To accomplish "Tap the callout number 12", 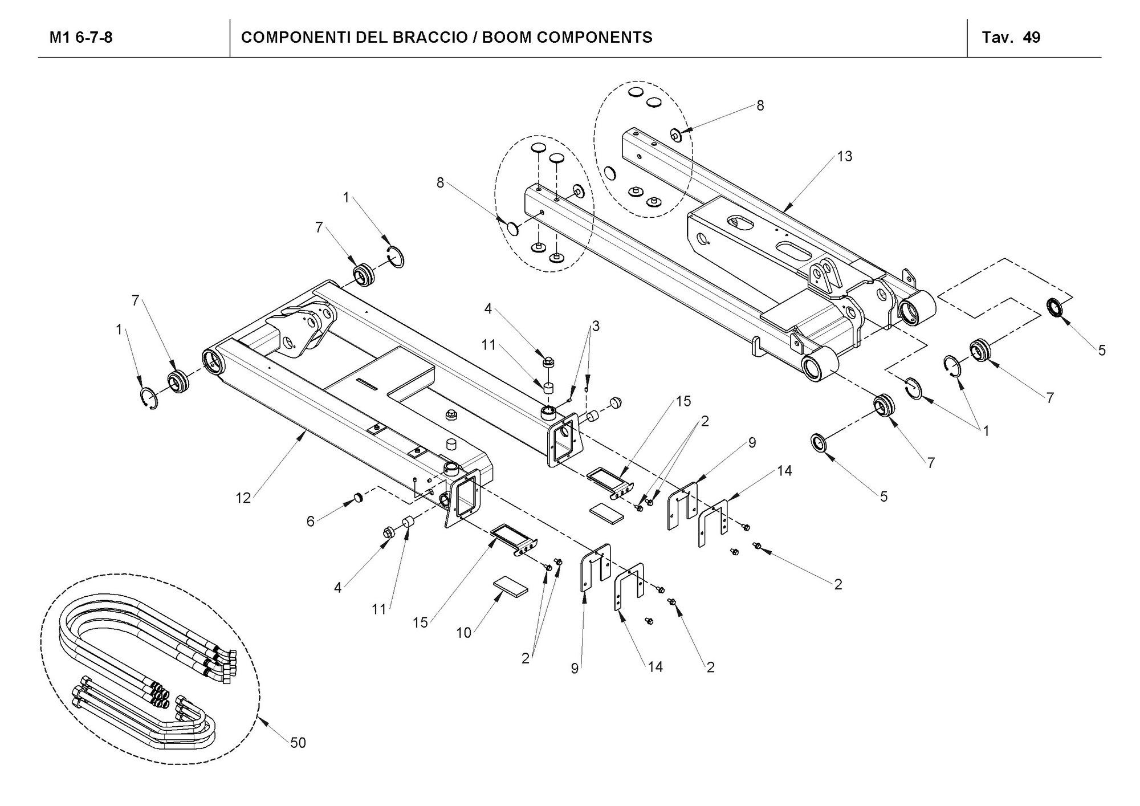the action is coord(243,498).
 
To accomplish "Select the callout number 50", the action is coord(298,742).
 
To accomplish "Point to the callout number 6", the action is coord(310,521).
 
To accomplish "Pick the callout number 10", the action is coord(463,633).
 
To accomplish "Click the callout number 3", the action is coord(596,326).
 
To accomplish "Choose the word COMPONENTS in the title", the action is coord(595,38).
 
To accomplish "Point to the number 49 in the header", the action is coord(1032,38).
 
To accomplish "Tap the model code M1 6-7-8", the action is coord(81,38).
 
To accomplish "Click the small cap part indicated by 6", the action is coord(359,499).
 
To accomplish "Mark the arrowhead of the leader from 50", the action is coord(260,719).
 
